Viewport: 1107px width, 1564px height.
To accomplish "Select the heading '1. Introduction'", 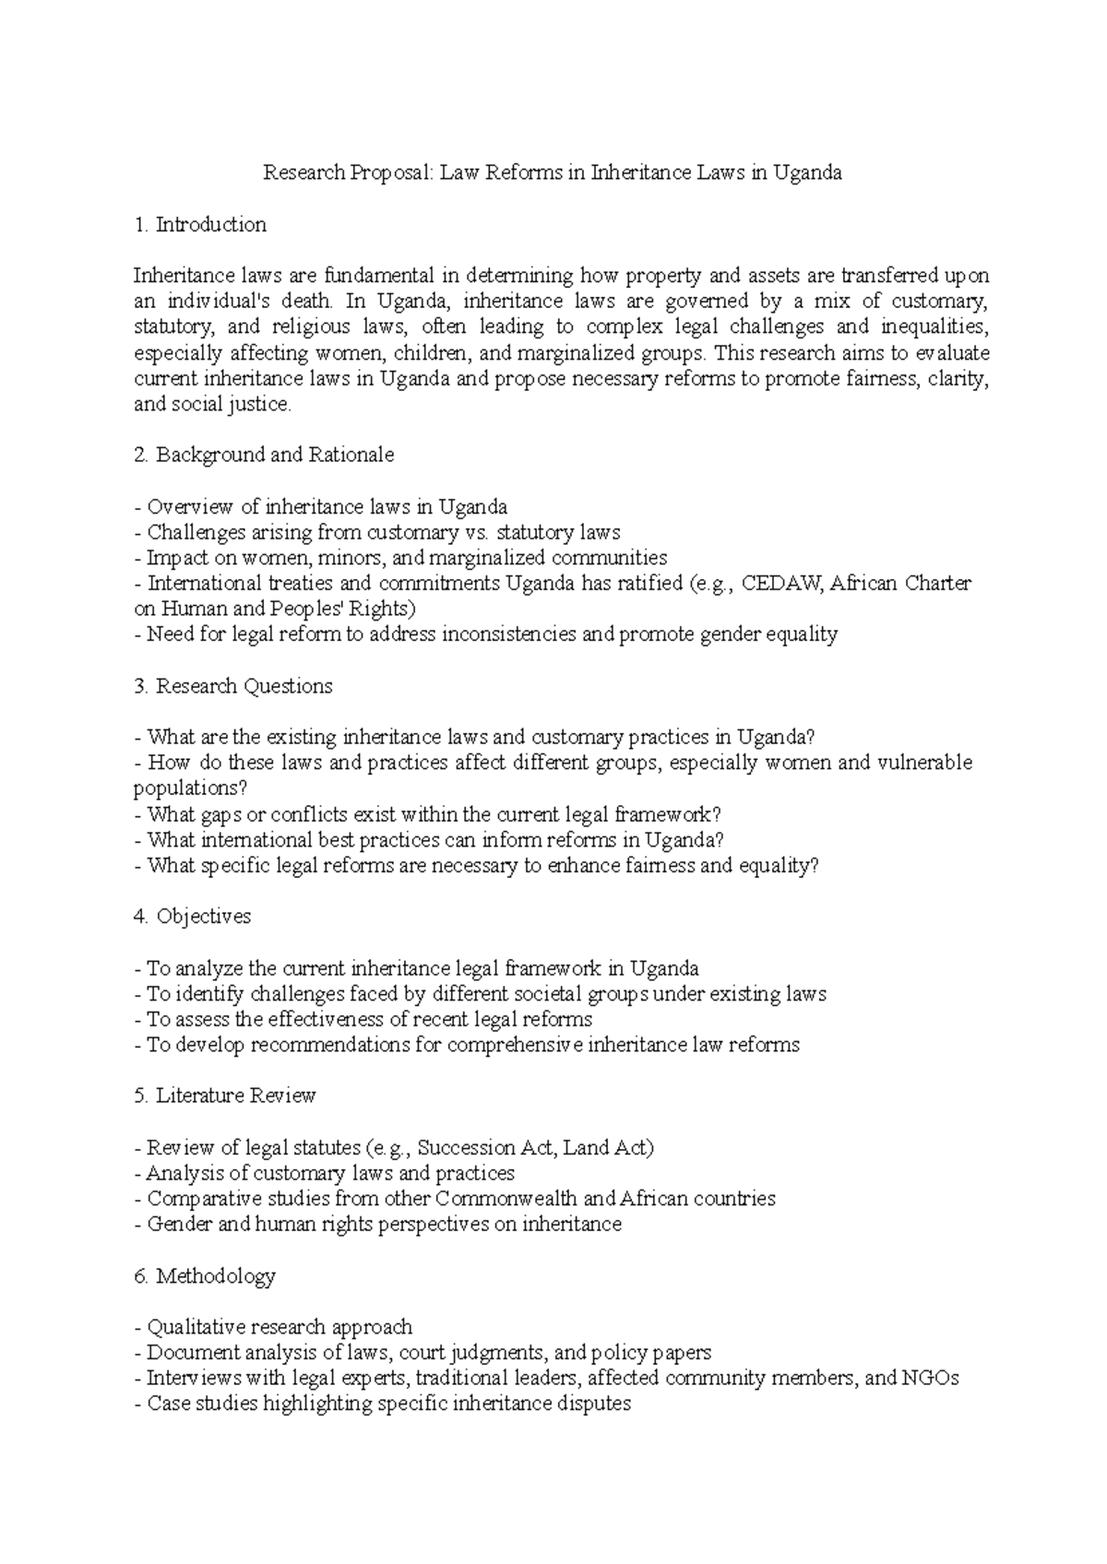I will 200,224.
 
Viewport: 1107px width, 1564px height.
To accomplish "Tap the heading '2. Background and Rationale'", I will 264,455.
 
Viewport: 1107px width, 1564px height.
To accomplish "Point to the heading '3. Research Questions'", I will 232,686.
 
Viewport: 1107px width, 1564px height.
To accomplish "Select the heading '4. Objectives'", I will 192,917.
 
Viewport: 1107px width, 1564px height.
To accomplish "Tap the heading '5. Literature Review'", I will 224,1096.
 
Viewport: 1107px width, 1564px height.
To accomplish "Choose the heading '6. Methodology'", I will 204,1276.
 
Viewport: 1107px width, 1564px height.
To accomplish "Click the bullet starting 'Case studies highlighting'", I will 382,1404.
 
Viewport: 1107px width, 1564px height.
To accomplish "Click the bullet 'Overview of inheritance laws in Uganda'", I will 321,506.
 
